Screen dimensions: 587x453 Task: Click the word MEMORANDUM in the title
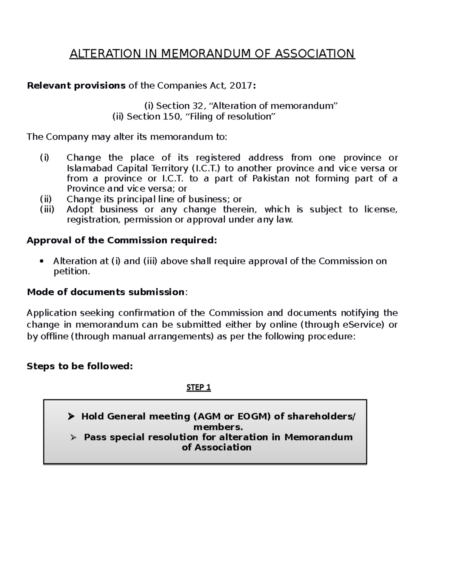point(205,54)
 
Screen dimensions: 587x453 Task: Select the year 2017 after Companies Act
point(241,86)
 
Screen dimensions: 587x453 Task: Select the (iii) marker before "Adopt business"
point(47,209)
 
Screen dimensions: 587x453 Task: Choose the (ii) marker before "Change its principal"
point(46,199)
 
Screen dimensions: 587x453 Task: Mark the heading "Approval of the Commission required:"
point(122,240)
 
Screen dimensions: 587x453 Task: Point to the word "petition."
point(72,271)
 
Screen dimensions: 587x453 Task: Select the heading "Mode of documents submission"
point(106,292)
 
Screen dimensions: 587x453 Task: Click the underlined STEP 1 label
point(199,387)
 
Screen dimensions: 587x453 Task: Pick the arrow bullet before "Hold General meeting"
point(71,417)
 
